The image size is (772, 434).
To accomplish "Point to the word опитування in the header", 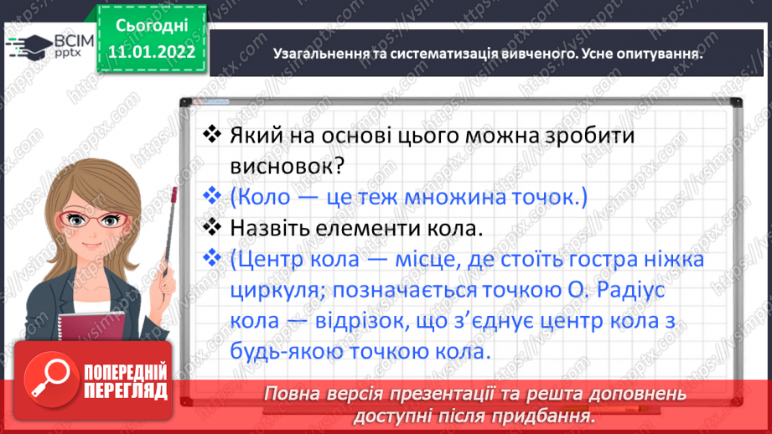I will coord(661,53).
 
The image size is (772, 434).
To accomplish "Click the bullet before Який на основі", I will coord(212,134).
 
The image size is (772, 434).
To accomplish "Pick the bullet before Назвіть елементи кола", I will coord(212,228).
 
